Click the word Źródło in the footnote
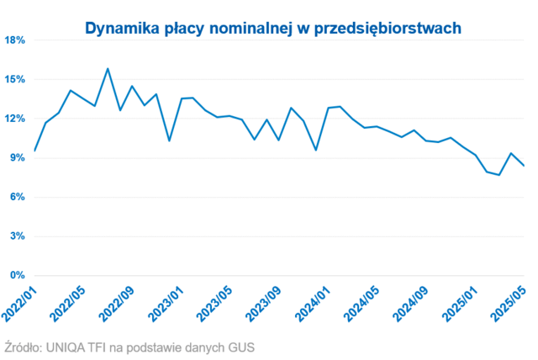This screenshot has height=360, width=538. point(23,347)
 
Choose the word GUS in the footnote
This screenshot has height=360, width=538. point(239,347)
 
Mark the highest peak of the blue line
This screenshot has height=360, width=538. point(108,69)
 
